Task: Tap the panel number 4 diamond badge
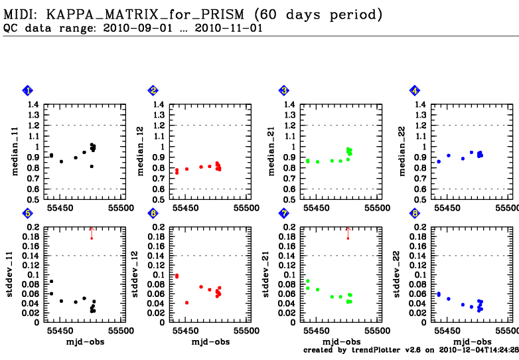(x=415, y=90)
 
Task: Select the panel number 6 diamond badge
(x=153, y=213)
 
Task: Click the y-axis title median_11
(x=15, y=152)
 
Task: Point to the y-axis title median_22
(x=403, y=152)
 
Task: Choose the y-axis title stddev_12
(x=143, y=274)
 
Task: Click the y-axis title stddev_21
(x=273, y=274)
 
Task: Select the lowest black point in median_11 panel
(x=92, y=166)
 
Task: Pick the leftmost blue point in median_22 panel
(x=438, y=161)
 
